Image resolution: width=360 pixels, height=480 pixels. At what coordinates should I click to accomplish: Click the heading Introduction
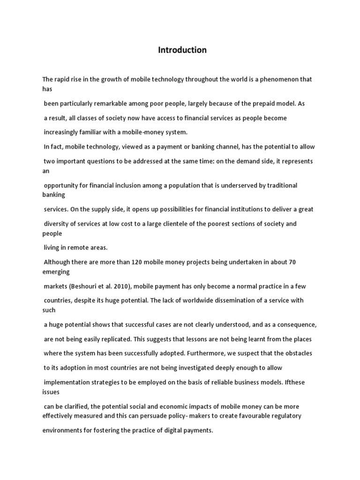pyautogui.click(x=182, y=50)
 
